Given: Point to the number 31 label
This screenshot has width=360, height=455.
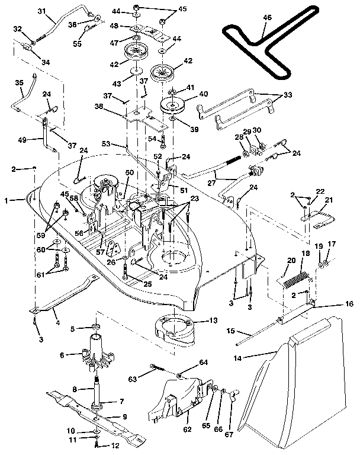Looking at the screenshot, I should click(x=24, y=11).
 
